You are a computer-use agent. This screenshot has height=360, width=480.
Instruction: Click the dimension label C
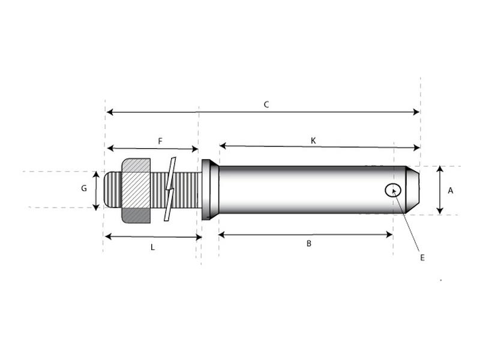(x=266, y=104)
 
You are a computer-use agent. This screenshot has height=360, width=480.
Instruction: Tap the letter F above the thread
(x=160, y=141)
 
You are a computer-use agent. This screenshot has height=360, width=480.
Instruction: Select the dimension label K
(x=313, y=140)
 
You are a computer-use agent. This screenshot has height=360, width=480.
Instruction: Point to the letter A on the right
(x=451, y=190)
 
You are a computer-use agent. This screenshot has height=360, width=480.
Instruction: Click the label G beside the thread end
(x=84, y=188)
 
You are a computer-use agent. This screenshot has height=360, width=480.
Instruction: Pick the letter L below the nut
(x=152, y=247)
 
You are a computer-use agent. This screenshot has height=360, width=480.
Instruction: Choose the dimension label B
(x=309, y=244)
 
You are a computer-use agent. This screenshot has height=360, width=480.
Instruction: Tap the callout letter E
(x=422, y=257)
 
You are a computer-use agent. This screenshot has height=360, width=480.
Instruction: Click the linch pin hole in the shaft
(x=393, y=190)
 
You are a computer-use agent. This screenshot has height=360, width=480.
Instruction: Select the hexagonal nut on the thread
(x=136, y=190)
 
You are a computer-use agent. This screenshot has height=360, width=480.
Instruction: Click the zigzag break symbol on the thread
(x=170, y=189)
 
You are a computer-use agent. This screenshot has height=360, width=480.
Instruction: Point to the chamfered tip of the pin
(x=413, y=190)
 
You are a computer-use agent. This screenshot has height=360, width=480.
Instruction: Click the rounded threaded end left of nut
(x=112, y=190)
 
